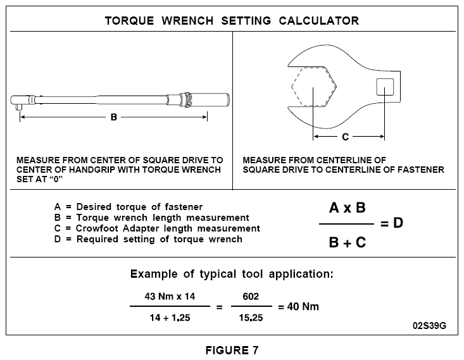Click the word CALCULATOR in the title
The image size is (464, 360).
click(x=318, y=21)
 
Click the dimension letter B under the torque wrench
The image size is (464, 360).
click(x=114, y=117)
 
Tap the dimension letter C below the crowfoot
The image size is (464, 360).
click(x=345, y=137)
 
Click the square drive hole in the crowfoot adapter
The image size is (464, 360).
click(x=385, y=87)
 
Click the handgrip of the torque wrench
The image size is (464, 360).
click(x=210, y=100)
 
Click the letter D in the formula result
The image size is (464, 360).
click(x=398, y=223)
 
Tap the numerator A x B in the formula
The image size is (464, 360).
click(x=347, y=208)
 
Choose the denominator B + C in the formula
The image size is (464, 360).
click(x=347, y=242)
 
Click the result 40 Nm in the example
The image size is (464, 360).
click(x=303, y=306)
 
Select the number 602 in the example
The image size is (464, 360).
click(x=251, y=296)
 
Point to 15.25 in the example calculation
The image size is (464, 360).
click(x=251, y=318)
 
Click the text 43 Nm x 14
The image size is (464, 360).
click(x=170, y=296)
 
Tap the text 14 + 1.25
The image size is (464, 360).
click(x=170, y=318)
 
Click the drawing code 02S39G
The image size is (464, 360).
click(x=429, y=326)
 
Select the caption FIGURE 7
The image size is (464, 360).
click(x=232, y=351)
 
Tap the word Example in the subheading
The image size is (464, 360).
click(x=154, y=274)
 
